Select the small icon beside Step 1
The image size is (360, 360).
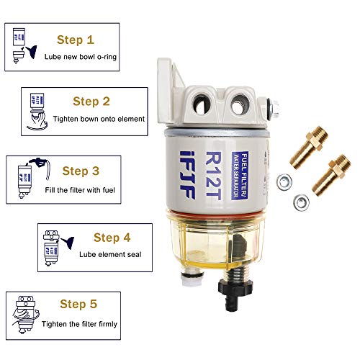24,43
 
